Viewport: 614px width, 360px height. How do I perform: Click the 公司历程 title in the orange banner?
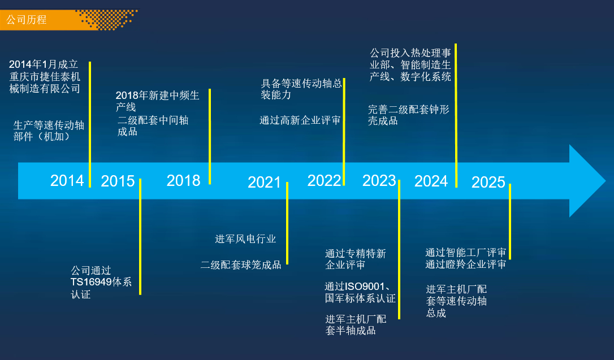coord(27,20)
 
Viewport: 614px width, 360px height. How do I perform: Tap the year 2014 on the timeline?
coord(67,180)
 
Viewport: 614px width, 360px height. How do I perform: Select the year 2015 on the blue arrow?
coord(118,181)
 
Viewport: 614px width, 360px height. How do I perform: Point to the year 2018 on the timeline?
coord(183,180)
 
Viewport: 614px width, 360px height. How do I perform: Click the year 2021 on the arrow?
coord(265,182)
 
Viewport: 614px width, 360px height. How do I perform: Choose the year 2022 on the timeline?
coord(324,180)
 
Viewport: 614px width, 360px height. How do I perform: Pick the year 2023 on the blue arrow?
coord(379,180)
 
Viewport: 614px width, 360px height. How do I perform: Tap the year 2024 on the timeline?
coord(431,181)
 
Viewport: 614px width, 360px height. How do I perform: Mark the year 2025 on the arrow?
coord(488,182)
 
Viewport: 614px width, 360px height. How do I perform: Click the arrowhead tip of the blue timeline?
coord(606,181)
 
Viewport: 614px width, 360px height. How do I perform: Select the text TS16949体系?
coord(101,282)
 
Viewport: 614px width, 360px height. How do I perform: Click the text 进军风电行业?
coord(245,238)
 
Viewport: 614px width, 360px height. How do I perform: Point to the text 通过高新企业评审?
coord(300,120)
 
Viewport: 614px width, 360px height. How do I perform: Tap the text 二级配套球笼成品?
coord(241,265)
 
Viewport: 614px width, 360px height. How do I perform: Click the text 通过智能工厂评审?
coord(466,253)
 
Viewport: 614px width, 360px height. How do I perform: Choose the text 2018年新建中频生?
coord(157,95)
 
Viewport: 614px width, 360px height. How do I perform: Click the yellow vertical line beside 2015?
coord(140,237)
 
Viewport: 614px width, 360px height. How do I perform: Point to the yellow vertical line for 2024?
coord(456,115)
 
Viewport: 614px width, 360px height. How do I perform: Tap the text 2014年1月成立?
coord(44,64)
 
